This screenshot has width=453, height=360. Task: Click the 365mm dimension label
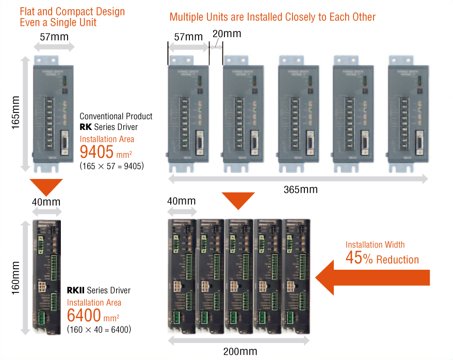click(x=300, y=190)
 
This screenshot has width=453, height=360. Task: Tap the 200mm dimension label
click(x=240, y=352)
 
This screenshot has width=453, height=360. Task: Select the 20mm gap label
click(x=226, y=34)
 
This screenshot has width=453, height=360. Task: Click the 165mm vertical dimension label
click(x=15, y=112)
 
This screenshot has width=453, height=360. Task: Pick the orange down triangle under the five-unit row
click(x=238, y=200)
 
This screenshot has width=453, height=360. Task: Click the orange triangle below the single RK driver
click(x=46, y=186)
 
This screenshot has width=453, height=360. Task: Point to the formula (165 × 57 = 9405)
click(x=111, y=166)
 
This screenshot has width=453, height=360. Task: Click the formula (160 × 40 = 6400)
click(x=99, y=329)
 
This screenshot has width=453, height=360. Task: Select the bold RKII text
click(x=76, y=290)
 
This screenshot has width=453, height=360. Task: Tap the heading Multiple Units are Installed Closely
click(x=272, y=17)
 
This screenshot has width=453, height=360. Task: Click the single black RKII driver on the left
click(x=46, y=277)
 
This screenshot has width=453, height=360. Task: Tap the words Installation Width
click(x=375, y=244)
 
